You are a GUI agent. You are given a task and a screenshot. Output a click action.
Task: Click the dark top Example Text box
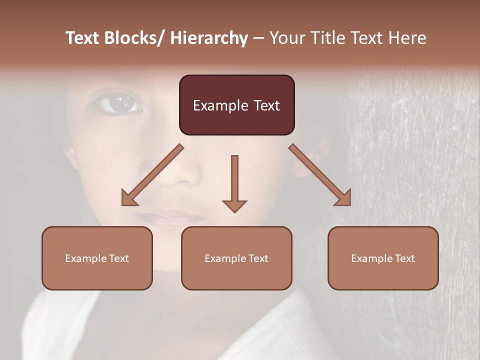236,105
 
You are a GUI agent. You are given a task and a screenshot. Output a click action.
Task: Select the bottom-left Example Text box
97,258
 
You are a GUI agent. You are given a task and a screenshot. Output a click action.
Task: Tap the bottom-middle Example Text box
236,258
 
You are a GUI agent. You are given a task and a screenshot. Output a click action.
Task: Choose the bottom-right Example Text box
383,258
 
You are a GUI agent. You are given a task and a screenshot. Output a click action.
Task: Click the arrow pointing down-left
152,175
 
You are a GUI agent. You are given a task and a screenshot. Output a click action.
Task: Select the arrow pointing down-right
320,175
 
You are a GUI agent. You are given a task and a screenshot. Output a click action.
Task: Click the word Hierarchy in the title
209,38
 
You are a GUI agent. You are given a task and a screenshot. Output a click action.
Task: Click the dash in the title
258,38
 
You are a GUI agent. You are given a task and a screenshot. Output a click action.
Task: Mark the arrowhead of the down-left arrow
129,198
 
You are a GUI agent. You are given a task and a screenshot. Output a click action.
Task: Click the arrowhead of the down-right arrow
343,198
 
